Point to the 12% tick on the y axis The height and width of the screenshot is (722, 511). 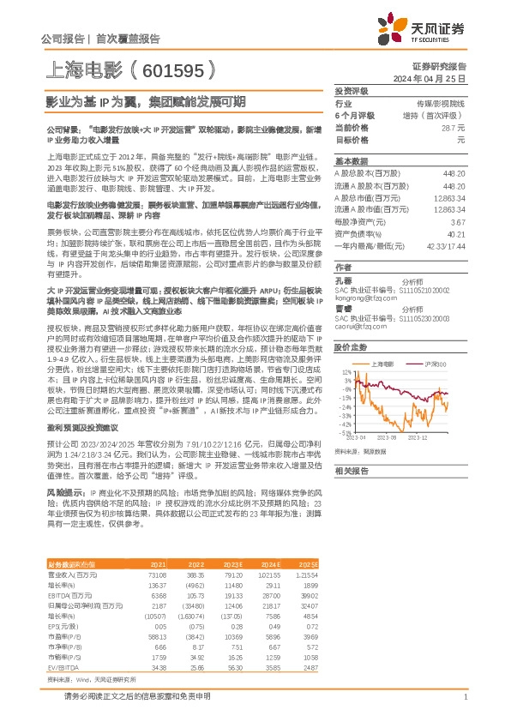coord(345,372)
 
